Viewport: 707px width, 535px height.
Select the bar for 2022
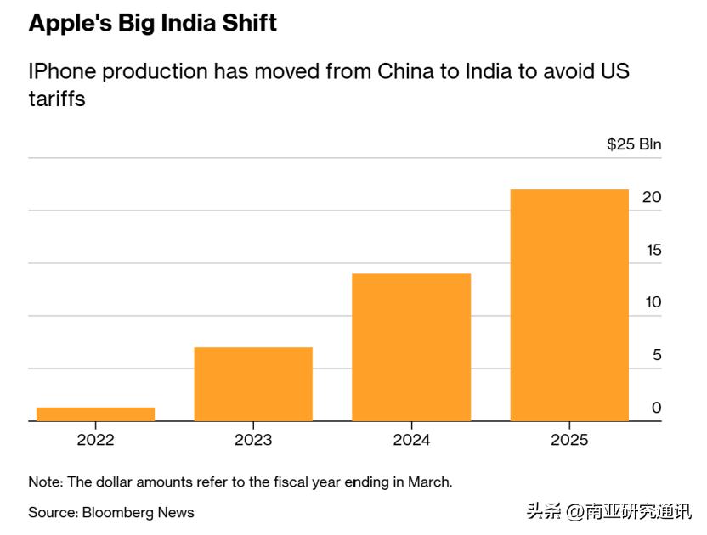(x=95, y=414)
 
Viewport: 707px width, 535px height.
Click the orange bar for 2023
(x=253, y=384)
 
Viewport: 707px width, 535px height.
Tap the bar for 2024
(x=411, y=346)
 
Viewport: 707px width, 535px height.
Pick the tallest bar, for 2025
(x=569, y=305)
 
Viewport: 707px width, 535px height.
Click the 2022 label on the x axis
(x=95, y=440)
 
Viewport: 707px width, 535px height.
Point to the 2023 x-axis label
(x=253, y=440)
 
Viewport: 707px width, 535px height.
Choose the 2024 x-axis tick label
(x=411, y=440)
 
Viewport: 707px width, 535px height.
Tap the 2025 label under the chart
(x=569, y=440)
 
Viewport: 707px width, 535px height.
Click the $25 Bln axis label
(x=634, y=144)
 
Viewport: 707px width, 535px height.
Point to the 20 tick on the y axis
(x=652, y=197)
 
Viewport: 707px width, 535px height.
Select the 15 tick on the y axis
(x=652, y=251)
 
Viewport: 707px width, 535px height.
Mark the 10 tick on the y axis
(x=652, y=302)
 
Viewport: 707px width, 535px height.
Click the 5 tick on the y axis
(x=656, y=355)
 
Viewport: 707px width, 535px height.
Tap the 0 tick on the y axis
(x=656, y=408)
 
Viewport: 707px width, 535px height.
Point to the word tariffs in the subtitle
(x=57, y=99)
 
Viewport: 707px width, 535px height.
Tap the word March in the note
(x=428, y=481)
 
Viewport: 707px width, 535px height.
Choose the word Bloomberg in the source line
(x=116, y=512)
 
